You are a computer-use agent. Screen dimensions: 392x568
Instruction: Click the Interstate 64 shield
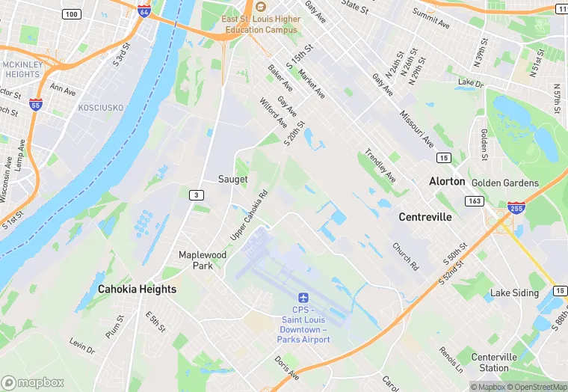[x=144, y=11]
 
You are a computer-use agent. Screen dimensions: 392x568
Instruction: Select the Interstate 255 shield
[x=516, y=208]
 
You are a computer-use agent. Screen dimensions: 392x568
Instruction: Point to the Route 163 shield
[x=474, y=200]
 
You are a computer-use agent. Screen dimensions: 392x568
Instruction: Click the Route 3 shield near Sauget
[x=196, y=195]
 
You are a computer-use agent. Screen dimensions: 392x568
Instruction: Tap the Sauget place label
[x=232, y=179]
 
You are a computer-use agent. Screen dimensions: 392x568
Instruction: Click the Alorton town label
[x=447, y=182]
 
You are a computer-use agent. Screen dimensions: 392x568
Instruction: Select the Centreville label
[x=425, y=217]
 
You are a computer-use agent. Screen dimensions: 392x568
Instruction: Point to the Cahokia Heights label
[x=138, y=289]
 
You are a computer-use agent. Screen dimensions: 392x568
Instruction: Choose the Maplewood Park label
[x=203, y=260]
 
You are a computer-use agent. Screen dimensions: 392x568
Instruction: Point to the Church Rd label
[x=405, y=256]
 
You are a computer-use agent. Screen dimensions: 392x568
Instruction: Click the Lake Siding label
[x=514, y=293]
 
